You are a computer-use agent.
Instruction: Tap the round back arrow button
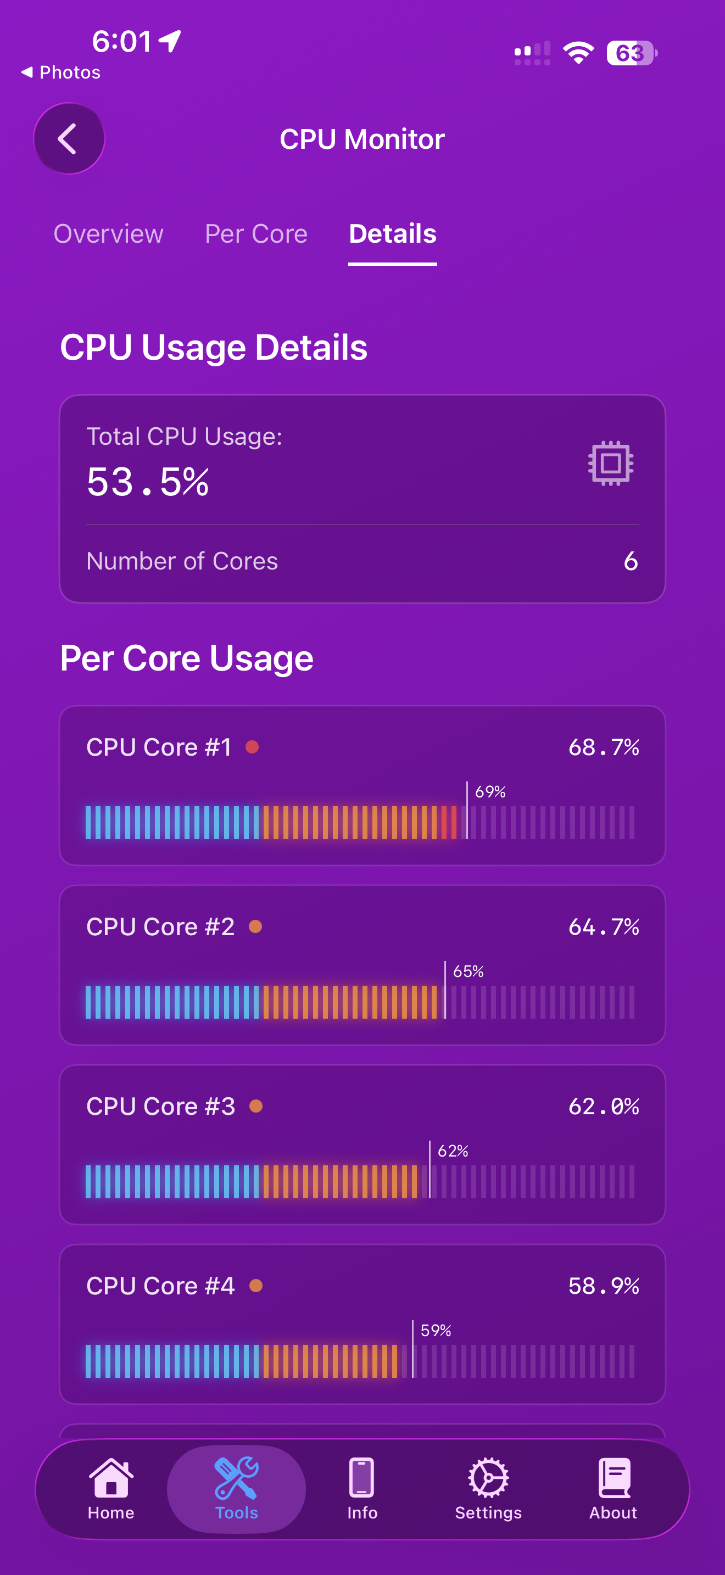(x=69, y=139)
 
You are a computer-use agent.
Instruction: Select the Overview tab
(x=108, y=234)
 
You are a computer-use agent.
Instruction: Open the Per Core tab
(x=256, y=234)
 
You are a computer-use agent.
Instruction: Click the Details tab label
(x=393, y=234)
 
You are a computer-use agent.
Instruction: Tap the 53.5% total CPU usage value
(x=148, y=482)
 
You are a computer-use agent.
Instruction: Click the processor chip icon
(x=610, y=463)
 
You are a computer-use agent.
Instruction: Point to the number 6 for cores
(x=630, y=561)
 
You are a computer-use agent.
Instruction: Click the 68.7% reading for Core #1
(x=604, y=747)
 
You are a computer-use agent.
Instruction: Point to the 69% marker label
(x=490, y=792)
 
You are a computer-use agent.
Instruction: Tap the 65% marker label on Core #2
(x=469, y=971)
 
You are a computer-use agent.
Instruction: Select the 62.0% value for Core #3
(x=604, y=1107)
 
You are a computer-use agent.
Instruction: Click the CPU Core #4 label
(x=160, y=1286)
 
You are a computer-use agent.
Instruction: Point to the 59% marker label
(x=436, y=1331)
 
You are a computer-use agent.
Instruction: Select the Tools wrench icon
(x=236, y=1478)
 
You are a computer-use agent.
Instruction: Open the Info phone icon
(x=362, y=1478)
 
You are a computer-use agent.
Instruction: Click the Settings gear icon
(x=488, y=1478)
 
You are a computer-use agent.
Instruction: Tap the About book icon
(x=613, y=1478)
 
